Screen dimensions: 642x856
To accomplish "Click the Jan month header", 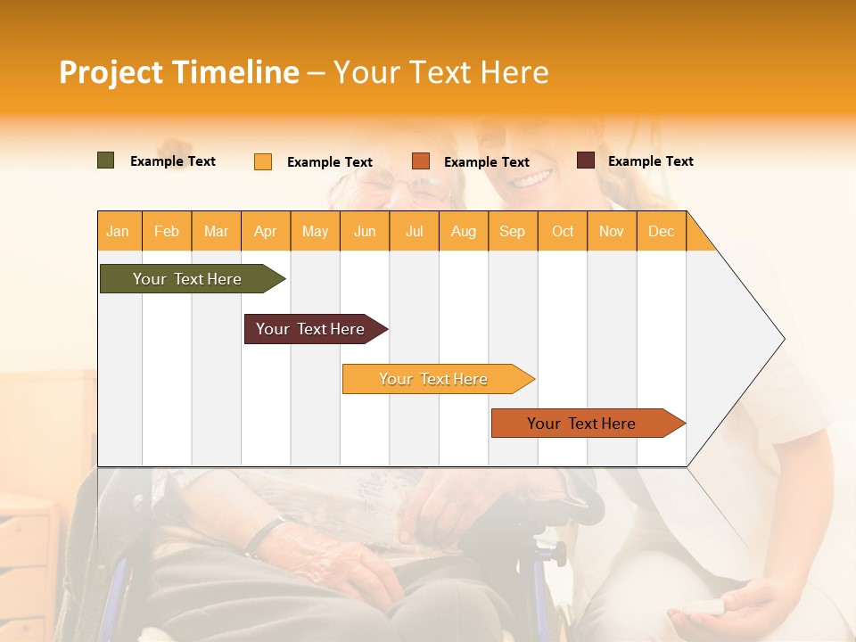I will (x=119, y=231).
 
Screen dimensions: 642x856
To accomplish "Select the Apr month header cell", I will (x=266, y=231).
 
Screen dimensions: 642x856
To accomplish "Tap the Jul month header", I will (x=414, y=231).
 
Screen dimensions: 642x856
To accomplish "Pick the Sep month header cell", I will (x=513, y=231).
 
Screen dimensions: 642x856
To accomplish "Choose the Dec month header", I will (x=661, y=231).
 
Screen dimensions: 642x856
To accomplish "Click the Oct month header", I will (x=563, y=231).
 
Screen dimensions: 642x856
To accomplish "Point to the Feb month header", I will (x=167, y=231).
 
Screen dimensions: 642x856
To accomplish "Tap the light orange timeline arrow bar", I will (x=434, y=379).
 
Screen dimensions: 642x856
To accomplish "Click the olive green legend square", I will (x=105, y=160).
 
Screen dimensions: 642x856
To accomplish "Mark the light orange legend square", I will (x=263, y=161).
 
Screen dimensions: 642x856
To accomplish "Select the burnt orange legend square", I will (x=421, y=160).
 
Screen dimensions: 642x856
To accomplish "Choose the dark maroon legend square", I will (x=585, y=160).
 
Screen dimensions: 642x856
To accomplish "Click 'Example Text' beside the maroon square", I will (x=650, y=161).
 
